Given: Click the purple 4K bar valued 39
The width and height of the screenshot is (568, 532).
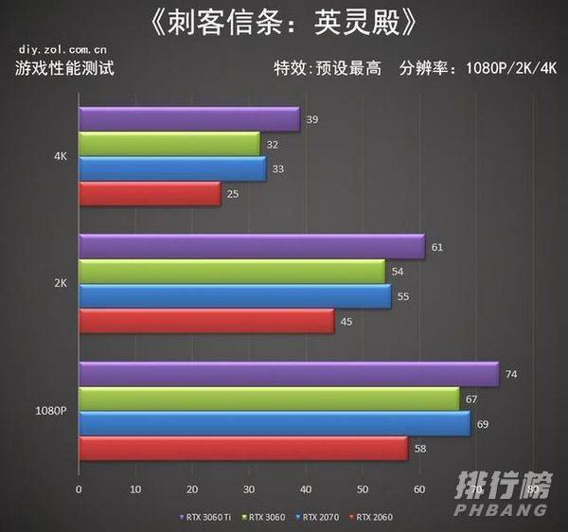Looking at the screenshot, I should (x=188, y=119).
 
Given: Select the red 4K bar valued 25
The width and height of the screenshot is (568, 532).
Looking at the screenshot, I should (x=149, y=194).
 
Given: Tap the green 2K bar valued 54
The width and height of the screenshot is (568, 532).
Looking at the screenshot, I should (x=231, y=272).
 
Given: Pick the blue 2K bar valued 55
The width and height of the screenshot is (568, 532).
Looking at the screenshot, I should (x=234, y=296).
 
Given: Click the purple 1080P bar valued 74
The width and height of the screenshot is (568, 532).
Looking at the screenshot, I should (x=288, y=375).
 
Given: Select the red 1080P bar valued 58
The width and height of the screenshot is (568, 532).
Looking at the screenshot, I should (x=242, y=449).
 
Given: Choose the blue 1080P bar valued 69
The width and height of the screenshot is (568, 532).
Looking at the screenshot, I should (x=274, y=424).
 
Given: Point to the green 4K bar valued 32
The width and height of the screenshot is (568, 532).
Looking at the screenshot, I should (x=169, y=144).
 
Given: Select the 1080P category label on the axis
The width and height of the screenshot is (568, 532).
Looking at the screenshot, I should (x=49, y=412).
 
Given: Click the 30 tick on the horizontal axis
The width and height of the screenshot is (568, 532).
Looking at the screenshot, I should (x=248, y=490).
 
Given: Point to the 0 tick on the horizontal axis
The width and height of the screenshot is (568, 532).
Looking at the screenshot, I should (x=79, y=490).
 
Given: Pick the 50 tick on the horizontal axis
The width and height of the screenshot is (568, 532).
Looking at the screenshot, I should (x=362, y=490).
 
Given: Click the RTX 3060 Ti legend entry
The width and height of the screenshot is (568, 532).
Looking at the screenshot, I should (x=205, y=517).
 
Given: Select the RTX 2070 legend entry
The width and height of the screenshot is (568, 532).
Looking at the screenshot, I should (x=319, y=517).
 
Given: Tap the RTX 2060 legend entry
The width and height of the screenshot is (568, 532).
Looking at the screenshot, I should (x=372, y=517).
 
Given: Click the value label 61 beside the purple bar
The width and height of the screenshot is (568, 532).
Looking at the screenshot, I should (x=436, y=248).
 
